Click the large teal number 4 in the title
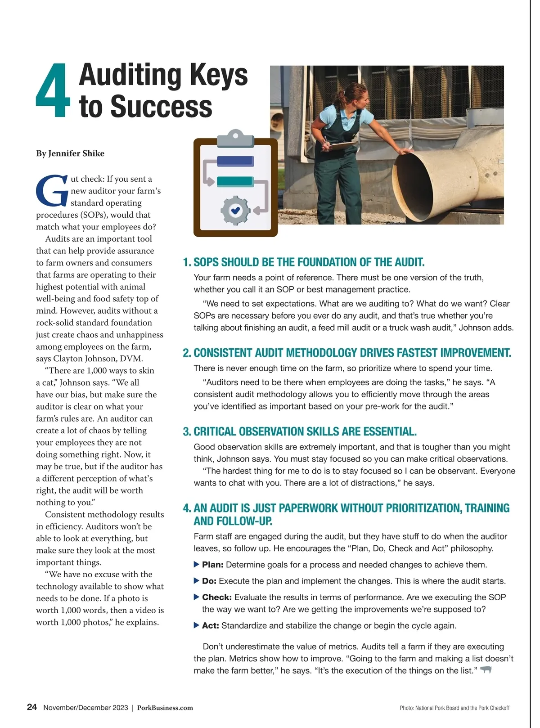click(53, 91)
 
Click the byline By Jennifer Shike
click(70, 153)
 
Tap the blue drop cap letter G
click(51, 190)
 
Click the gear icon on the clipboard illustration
click(235, 210)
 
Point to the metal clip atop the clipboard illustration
click(235, 138)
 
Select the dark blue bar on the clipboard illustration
click(235, 161)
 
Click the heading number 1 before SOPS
click(186, 262)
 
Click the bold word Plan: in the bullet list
click(212, 565)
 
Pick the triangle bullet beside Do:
click(197, 581)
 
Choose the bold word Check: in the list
click(217, 597)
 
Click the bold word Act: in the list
click(211, 625)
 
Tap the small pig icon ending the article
click(486, 670)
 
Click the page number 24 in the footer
click(32, 707)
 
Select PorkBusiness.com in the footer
click(165, 708)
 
